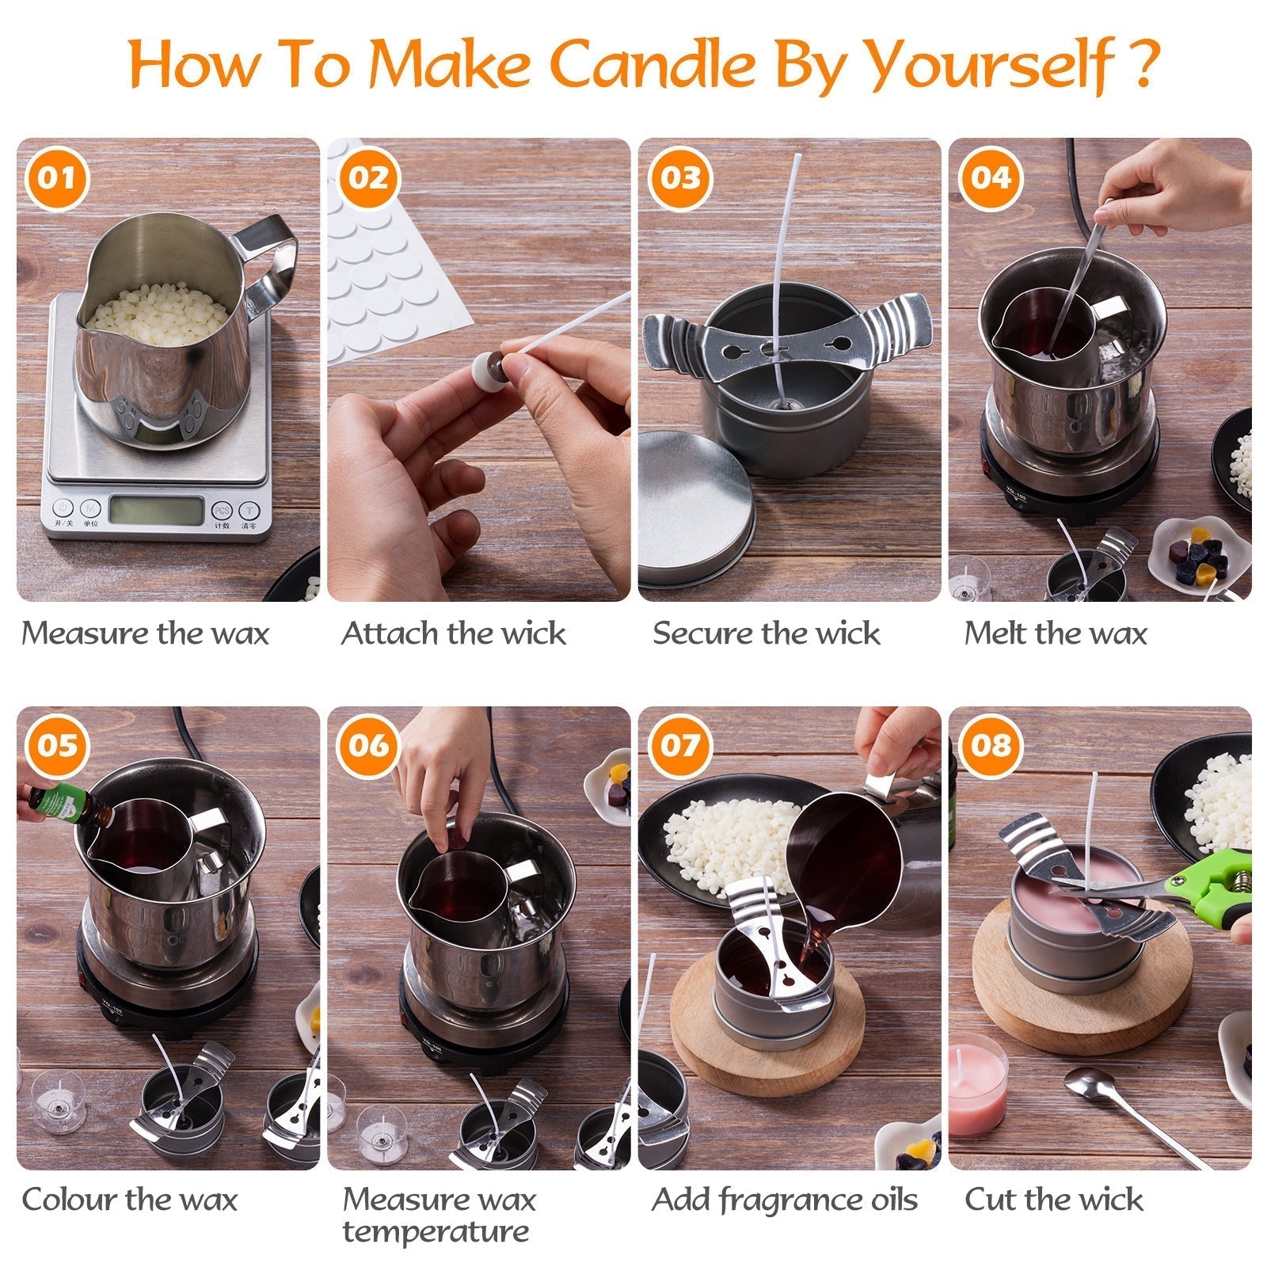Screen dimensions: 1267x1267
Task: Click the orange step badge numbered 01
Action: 56,177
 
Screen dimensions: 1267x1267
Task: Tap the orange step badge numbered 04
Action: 990,177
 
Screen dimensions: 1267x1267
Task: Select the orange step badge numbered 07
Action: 680,745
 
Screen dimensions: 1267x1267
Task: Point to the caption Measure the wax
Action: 145,633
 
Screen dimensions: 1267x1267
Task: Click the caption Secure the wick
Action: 766,633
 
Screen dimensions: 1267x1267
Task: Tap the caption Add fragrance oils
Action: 784,1200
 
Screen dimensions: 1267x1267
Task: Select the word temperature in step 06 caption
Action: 436,1232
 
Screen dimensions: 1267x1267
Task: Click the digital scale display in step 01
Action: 156,510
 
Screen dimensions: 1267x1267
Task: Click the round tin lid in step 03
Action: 695,507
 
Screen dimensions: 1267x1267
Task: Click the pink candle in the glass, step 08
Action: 977,1085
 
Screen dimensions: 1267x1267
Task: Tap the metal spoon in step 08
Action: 1124,1109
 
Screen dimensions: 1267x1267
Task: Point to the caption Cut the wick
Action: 1053,1200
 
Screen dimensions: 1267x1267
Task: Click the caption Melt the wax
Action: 1055,633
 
